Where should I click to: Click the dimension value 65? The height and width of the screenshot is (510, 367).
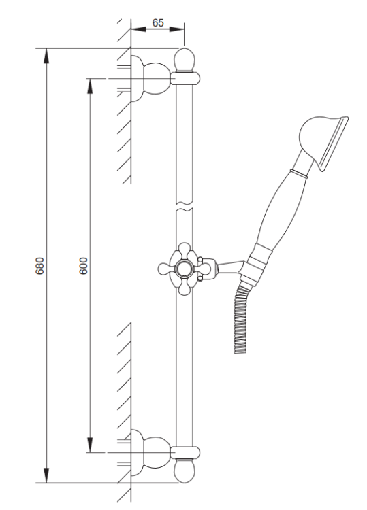[x=157, y=22]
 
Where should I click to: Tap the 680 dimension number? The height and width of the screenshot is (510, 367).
[x=39, y=265]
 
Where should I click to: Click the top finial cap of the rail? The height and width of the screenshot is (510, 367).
[x=184, y=59]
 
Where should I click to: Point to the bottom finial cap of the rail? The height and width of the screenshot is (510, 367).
[x=184, y=471]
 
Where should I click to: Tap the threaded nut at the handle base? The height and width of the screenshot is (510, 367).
[x=257, y=262]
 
